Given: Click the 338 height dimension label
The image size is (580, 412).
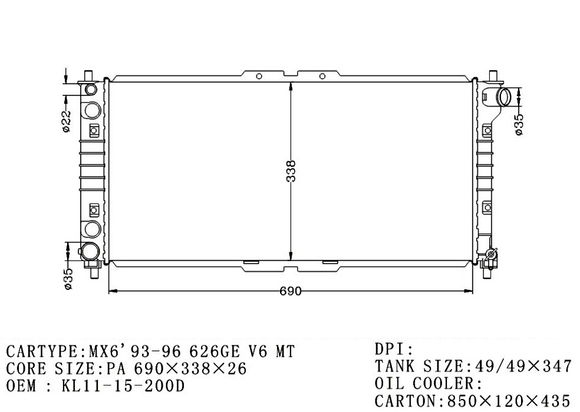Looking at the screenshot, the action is click(x=291, y=171).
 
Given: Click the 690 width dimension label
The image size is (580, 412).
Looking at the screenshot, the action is click(x=291, y=291).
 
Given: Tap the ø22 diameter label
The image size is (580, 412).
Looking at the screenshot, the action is click(x=66, y=121).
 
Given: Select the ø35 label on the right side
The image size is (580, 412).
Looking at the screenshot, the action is click(x=519, y=124).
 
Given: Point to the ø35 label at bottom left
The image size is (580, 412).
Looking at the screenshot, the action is click(x=68, y=279).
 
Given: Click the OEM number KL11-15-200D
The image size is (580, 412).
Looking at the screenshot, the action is click(x=123, y=386).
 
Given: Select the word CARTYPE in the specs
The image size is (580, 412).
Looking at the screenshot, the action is click(x=42, y=351).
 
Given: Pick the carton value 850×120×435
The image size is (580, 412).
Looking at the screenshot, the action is click(x=509, y=401).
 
